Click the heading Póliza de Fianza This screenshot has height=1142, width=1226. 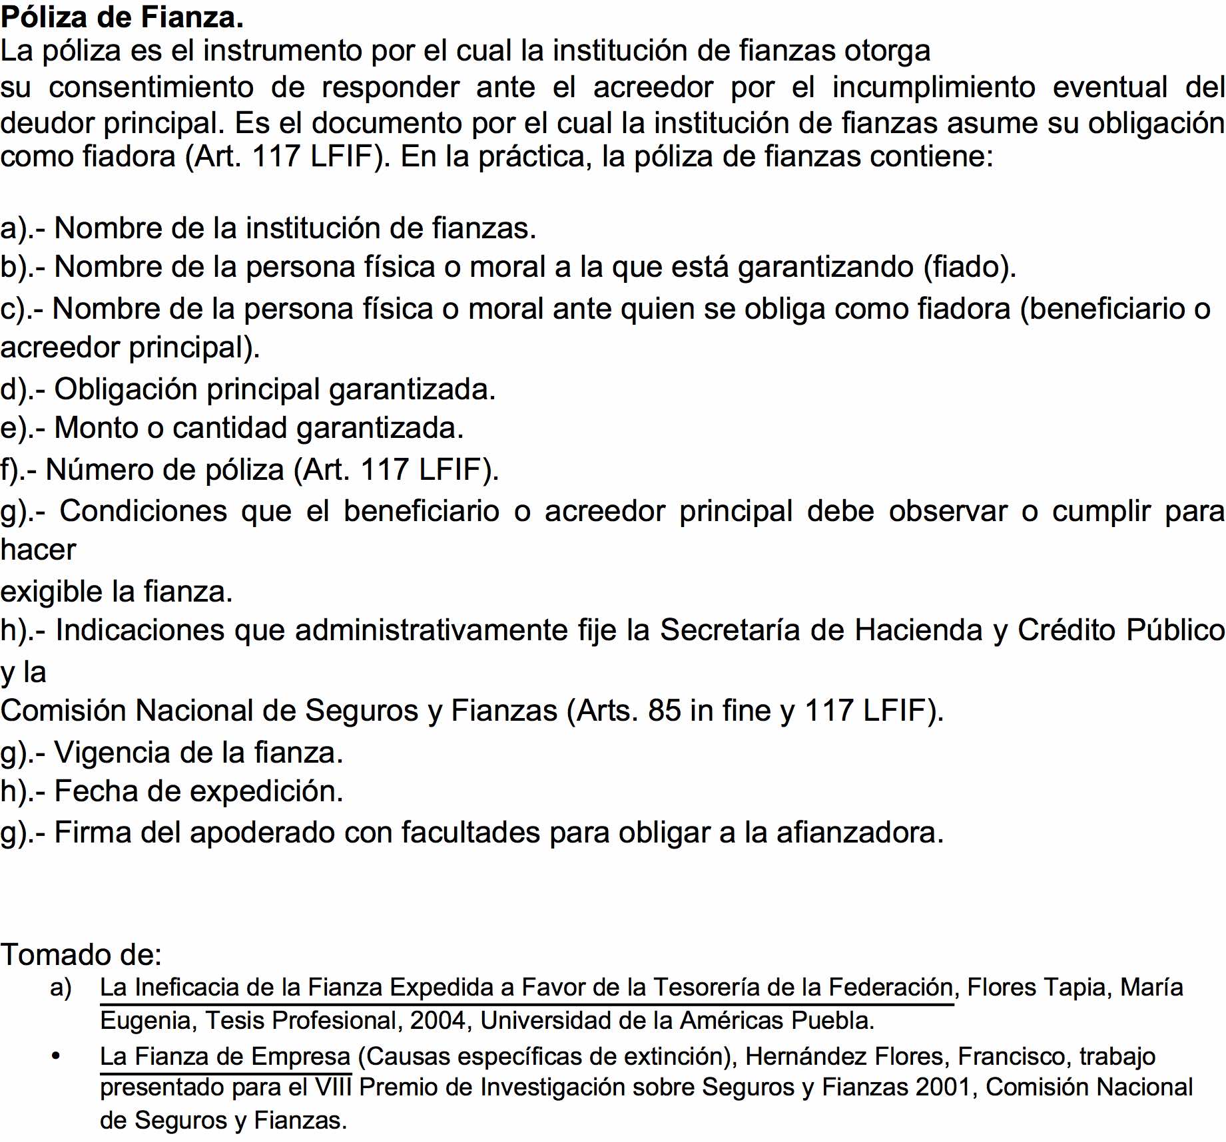coord(122,17)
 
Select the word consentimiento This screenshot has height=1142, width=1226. coord(151,87)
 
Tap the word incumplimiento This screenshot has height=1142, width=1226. coord(934,87)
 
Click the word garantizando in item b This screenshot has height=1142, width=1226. coord(826,267)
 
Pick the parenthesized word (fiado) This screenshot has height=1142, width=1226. coord(970,267)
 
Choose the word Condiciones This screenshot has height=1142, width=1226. coord(143,511)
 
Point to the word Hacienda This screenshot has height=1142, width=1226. coord(918,630)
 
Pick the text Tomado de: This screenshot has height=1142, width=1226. coord(81,955)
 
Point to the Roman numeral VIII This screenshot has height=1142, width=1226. coord(333,1087)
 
